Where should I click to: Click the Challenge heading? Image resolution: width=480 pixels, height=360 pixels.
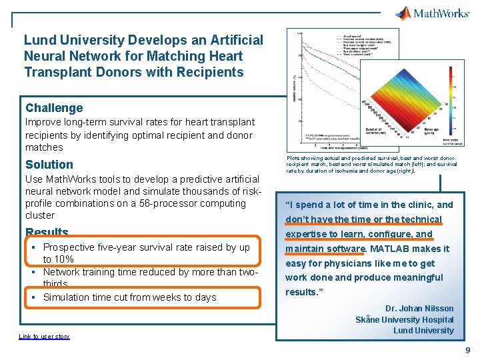54,108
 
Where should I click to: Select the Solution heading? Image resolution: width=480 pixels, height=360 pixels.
49,165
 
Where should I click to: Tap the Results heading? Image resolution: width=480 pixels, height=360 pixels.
47,233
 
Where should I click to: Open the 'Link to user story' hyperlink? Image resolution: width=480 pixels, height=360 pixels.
43,337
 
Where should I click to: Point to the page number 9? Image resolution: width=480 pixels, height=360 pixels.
468,350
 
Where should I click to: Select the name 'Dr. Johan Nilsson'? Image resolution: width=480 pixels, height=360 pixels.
419,309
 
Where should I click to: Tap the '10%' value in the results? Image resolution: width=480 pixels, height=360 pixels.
64,259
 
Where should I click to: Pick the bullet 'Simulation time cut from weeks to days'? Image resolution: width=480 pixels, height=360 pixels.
129,297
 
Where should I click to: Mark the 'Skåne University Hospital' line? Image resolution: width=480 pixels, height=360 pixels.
404,319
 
